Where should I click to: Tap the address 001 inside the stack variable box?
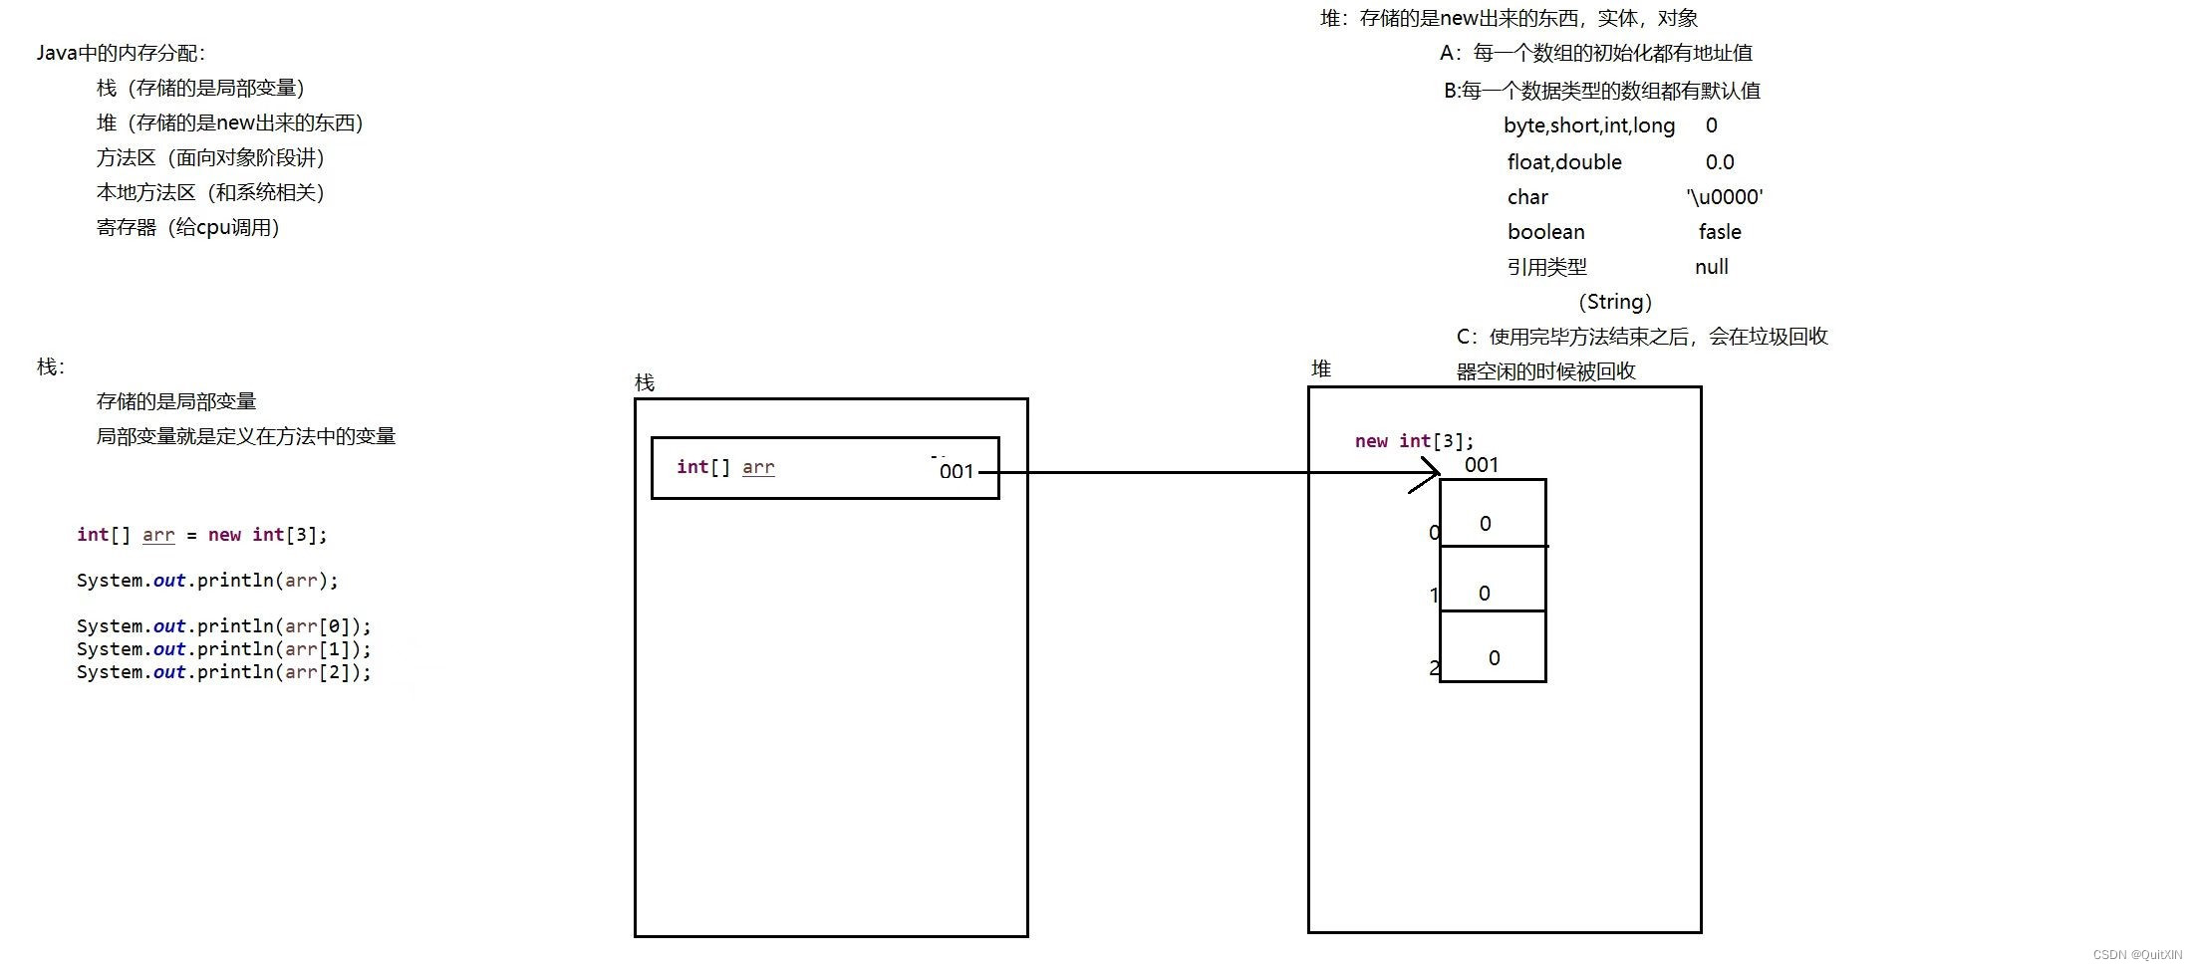(x=956, y=472)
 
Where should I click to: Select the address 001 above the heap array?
(x=1482, y=465)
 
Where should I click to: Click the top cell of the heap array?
(x=1493, y=514)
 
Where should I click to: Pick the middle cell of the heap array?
(x=1493, y=580)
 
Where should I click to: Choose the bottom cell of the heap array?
(x=1493, y=647)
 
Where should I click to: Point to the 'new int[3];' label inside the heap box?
(x=1414, y=441)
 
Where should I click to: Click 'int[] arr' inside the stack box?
(x=724, y=467)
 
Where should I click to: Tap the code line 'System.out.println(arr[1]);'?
(x=223, y=649)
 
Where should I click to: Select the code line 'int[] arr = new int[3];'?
(x=201, y=535)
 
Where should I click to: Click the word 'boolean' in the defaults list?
(x=1545, y=232)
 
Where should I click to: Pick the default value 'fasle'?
(x=1720, y=232)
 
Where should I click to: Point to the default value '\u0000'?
(x=1725, y=197)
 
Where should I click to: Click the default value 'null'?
(x=1711, y=267)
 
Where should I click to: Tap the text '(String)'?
(x=1615, y=302)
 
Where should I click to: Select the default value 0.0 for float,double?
(x=1720, y=162)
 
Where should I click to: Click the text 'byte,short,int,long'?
(x=1589, y=125)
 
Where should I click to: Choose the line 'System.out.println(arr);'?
(x=207, y=581)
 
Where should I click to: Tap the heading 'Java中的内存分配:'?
(x=121, y=53)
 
